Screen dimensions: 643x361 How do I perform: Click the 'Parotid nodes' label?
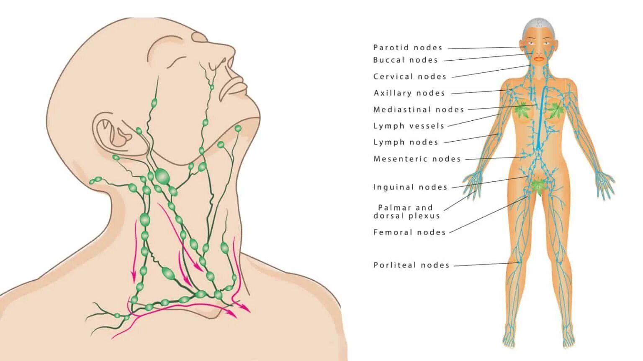click(x=407, y=48)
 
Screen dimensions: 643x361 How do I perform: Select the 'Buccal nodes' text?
click(x=405, y=60)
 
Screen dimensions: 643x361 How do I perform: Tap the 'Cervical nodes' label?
click(x=410, y=76)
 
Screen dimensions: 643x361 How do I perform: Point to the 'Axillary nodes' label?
click(x=409, y=93)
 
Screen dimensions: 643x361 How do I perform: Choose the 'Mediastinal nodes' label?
click(x=419, y=109)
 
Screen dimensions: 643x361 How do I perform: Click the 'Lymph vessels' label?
click(x=409, y=126)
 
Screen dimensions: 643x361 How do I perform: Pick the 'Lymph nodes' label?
click(x=405, y=142)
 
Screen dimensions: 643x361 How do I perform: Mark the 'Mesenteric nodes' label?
click(x=417, y=159)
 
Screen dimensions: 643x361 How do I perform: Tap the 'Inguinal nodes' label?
click(x=410, y=187)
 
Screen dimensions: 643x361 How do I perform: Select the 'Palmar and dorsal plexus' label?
click(x=406, y=212)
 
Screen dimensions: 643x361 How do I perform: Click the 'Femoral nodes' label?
click(x=409, y=232)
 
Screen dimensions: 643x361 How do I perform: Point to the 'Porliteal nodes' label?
click(x=411, y=265)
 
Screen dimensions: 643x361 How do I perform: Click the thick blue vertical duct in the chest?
click(x=540, y=117)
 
